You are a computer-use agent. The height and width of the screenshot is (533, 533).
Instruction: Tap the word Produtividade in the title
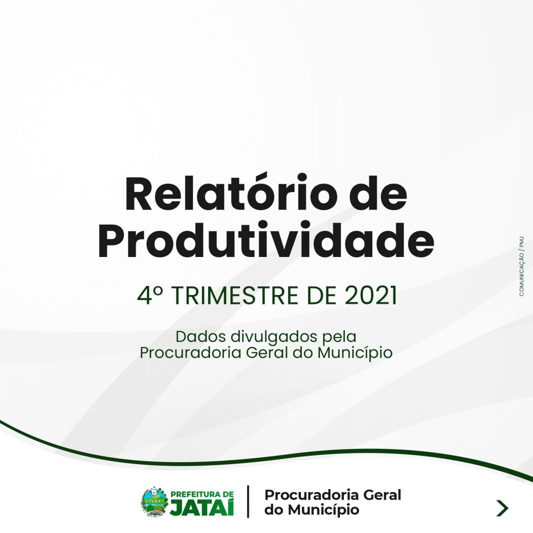[x=266, y=241]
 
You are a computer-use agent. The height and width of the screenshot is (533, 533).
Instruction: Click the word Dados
[x=201, y=336]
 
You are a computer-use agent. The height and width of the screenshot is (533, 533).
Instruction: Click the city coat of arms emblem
[x=155, y=502]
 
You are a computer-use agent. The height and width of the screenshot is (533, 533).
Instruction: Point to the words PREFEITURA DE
[x=202, y=494]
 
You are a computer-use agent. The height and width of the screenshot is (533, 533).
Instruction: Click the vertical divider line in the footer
[x=248, y=502]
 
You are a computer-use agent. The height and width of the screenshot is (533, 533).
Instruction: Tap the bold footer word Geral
[x=382, y=495]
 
